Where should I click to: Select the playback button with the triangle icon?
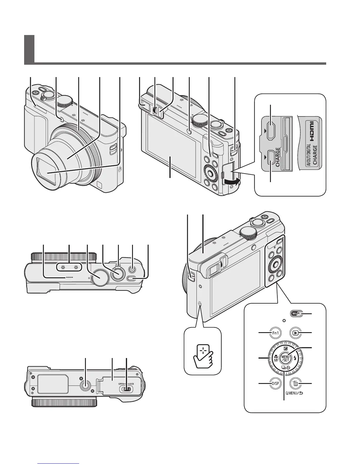pyautogui.click(x=295, y=333)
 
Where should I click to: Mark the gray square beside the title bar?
pyautogui.click(x=29, y=49)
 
